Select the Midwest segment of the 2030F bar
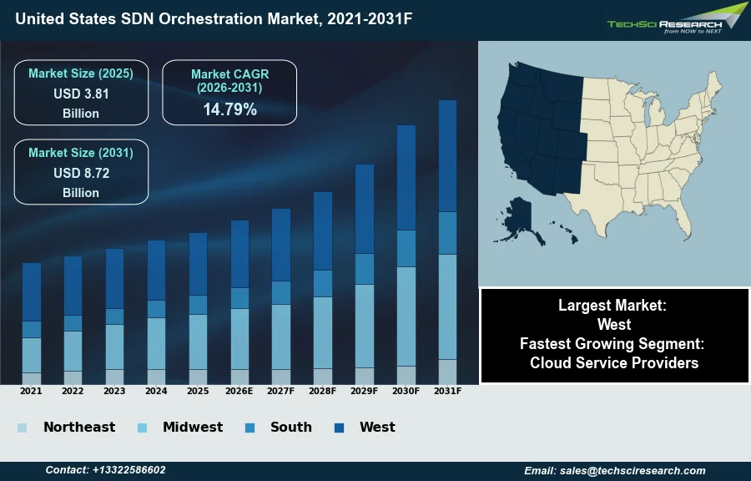click(x=406, y=316)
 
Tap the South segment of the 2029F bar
click(x=365, y=269)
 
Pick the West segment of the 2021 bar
click(x=32, y=292)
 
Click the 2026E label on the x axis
click(x=239, y=391)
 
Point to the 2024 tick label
click(x=156, y=391)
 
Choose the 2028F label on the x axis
click(x=323, y=391)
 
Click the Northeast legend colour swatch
click(x=22, y=428)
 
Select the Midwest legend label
click(x=193, y=427)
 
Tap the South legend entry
click(x=290, y=427)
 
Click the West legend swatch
click(x=340, y=428)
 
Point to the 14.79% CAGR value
click(x=229, y=109)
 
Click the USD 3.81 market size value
click(x=81, y=94)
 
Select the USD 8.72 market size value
click(x=81, y=174)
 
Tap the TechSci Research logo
click(x=676, y=18)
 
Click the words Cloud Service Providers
click(x=614, y=362)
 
